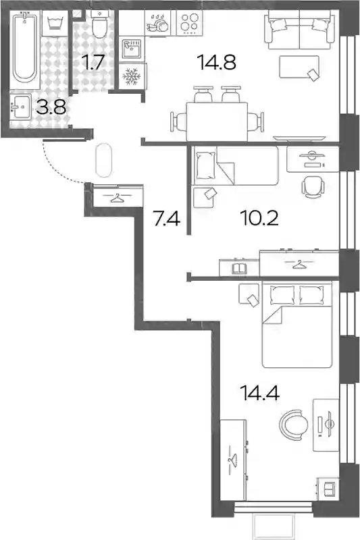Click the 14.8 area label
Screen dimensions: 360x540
point(216,62)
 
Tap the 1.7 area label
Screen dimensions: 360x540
point(93,62)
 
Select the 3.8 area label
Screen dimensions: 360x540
point(51,107)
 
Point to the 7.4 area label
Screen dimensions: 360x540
point(167,219)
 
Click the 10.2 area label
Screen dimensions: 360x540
point(260,218)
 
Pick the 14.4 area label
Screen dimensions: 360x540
point(261,393)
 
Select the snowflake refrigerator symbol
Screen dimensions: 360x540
point(131,76)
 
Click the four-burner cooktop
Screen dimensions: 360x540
point(190,22)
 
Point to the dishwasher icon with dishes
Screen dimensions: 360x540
point(157,23)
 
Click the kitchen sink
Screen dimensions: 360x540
point(132,49)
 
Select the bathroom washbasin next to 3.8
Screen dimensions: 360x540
point(21,107)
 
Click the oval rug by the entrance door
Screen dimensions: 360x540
point(103,160)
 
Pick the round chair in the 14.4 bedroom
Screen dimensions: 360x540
point(294,425)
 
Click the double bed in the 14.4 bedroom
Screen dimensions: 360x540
point(297,325)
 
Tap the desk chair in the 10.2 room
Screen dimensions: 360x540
point(313,188)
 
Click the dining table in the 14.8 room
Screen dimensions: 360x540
point(217,122)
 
